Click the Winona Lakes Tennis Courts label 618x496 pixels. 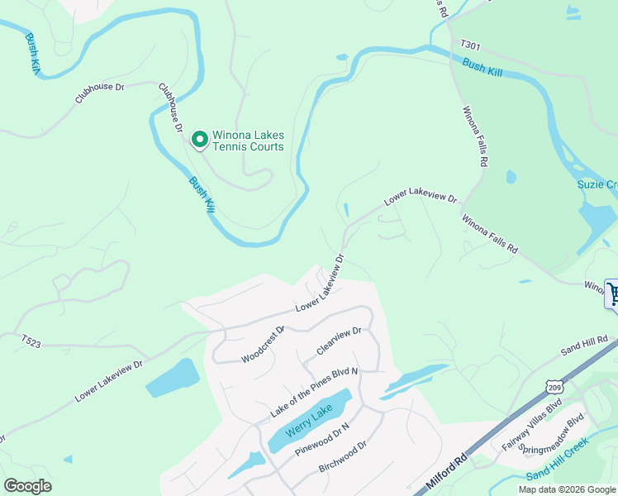click(x=248, y=141)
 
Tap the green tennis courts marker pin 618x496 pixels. click(x=199, y=141)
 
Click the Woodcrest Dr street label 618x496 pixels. click(x=263, y=343)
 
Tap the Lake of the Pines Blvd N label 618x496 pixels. click(x=314, y=392)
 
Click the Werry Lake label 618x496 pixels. click(x=309, y=420)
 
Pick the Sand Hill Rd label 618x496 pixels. click(x=585, y=344)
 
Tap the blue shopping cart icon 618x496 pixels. click(x=612, y=293)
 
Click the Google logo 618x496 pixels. click(x=28, y=486)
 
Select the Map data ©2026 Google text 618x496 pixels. click(x=566, y=489)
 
